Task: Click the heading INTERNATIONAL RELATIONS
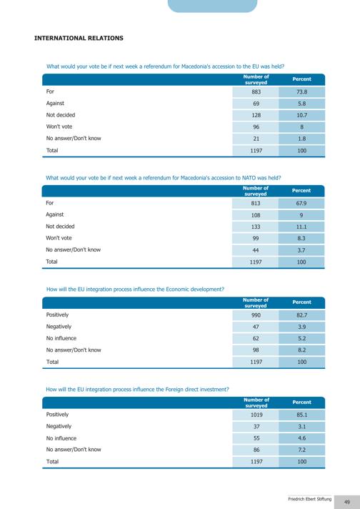[79, 38]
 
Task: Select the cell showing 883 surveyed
[256, 92]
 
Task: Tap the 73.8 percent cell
[301, 92]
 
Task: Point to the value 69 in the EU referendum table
[256, 104]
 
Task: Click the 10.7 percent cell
[301, 115]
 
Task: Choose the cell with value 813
[256, 203]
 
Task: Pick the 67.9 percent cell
[301, 203]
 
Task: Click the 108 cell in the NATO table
[256, 215]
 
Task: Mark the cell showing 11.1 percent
[301, 227]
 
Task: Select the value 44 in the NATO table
[256, 250]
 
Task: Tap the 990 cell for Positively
[256, 315]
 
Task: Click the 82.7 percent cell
[301, 315]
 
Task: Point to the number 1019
[256, 415]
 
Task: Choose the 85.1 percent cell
[301, 415]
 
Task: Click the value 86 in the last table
[256, 450]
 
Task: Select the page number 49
[346, 502]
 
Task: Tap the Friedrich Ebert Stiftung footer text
[310, 499]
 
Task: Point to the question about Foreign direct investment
[138, 389]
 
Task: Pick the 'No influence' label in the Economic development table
[61, 338]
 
